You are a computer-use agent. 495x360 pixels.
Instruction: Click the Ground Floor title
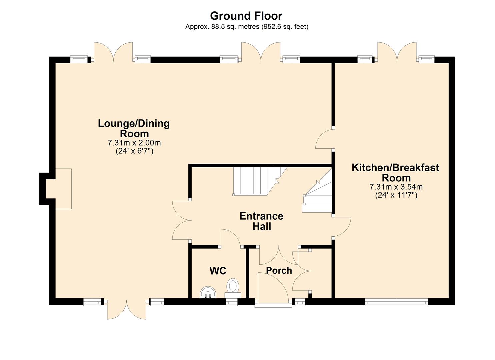(246, 16)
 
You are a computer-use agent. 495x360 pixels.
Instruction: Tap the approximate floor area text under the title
(247, 27)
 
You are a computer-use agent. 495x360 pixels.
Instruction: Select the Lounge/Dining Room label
(134, 128)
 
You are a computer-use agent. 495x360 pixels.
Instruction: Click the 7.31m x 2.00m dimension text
(134, 143)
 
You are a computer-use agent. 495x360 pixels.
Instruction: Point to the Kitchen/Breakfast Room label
(395, 172)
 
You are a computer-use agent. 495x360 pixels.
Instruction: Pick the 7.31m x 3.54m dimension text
(396, 187)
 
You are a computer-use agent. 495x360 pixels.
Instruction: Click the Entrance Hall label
(261, 221)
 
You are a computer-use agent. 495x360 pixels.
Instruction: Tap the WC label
(218, 271)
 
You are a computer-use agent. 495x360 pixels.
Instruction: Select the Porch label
(279, 270)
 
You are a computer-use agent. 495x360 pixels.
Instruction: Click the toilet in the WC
(233, 287)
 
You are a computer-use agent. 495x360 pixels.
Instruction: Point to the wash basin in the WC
(208, 292)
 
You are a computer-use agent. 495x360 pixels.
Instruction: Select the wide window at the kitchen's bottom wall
(396, 302)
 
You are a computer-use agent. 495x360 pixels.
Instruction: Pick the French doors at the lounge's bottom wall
(127, 309)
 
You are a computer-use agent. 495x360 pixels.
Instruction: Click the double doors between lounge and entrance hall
(181, 220)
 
